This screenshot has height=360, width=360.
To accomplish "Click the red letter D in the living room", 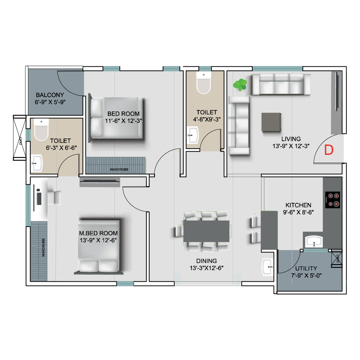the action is click(x=329, y=150).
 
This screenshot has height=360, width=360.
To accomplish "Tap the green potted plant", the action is click(x=240, y=85).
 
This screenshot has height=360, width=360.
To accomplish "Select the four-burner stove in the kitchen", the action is click(x=332, y=200).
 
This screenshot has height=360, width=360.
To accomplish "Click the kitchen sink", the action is click(x=314, y=242).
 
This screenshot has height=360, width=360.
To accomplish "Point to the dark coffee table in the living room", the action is click(x=271, y=122).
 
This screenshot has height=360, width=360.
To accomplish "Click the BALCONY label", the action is click(x=50, y=95).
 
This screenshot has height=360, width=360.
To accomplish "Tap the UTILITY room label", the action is click(x=306, y=268).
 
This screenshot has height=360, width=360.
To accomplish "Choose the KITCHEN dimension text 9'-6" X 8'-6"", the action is click(x=298, y=212).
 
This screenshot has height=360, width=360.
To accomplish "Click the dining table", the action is click(x=206, y=231).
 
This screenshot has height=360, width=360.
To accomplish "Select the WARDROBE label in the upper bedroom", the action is click(x=119, y=169).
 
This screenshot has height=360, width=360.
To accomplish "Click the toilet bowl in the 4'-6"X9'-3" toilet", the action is click(x=203, y=83).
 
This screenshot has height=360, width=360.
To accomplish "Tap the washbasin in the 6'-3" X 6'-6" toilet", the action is click(x=37, y=163).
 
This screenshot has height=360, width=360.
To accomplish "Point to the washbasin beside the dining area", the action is click(x=267, y=267).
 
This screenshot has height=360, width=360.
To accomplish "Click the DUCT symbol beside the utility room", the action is click(x=337, y=258).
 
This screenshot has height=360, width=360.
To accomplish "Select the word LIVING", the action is click(x=291, y=139).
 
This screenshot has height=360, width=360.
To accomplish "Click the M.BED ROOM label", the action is click(x=98, y=233).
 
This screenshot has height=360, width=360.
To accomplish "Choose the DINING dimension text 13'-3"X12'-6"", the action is click(x=206, y=268).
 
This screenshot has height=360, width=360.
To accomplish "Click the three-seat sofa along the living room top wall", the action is click(x=281, y=84).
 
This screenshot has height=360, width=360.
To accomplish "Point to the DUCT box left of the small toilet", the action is click(x=20, y=138).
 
